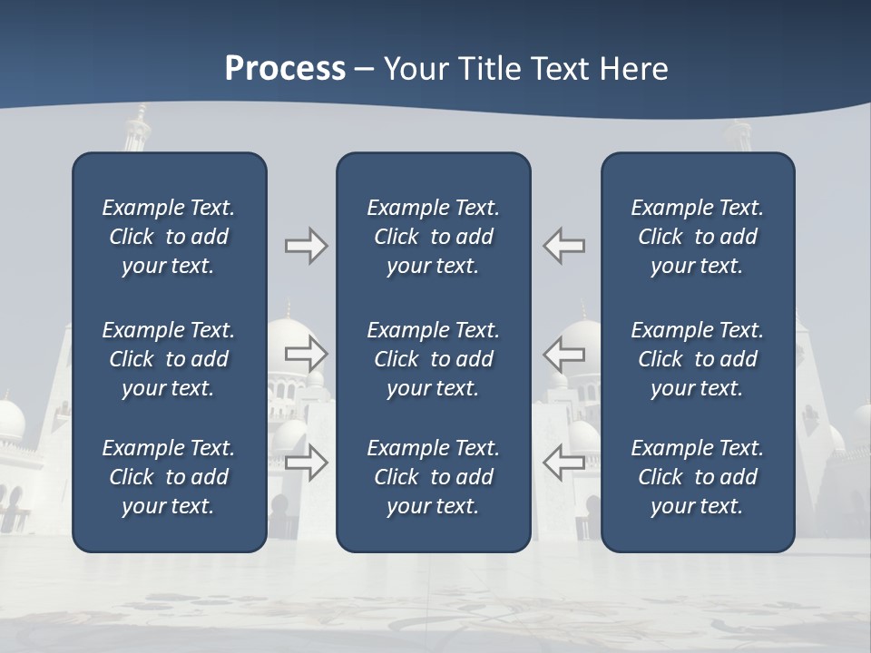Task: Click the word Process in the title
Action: coord(285,69)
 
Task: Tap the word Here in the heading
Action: coord(633,69)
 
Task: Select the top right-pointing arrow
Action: coord(306,246)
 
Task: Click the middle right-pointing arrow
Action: coord(306,354)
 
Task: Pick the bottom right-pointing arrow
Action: coord(306,463)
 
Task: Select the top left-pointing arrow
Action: coord(564,246)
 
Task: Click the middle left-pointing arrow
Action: coord(564,354)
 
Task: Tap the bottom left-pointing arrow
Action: coord(564,463)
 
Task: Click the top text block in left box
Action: coord(169,237)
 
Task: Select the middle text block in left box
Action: coord(169,359)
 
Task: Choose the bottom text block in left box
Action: coord(169,477)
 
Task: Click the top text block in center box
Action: coord(433,237)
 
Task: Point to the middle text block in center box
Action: coord(433,359)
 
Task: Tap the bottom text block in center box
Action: coord(433,477)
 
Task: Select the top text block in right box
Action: coord(697,237)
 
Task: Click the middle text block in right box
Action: coord(697,359)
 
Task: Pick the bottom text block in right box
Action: coord(697,477)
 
